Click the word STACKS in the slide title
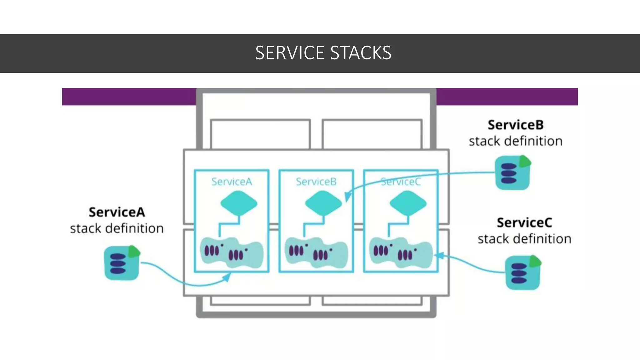pos(361,53)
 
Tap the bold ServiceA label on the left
pos(117,212)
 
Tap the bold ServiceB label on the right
pos(516,125)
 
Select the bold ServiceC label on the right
pos(524,223)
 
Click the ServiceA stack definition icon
pos(121,263)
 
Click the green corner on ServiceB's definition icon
pos(525,161)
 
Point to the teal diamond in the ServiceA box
pos(239,203)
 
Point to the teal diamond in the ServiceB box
pos(323,203)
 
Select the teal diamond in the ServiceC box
pos(408,203)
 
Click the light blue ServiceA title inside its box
pos(232,182)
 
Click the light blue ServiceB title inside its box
pos(316,182)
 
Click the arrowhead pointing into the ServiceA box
pos(227,277)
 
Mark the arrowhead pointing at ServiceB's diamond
pos(347,196)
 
